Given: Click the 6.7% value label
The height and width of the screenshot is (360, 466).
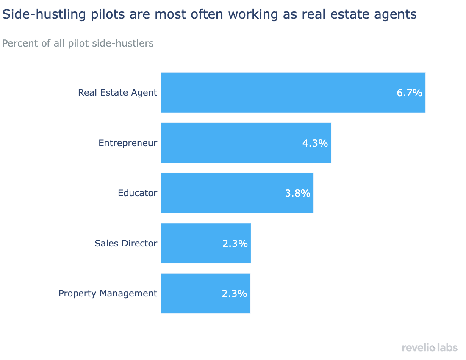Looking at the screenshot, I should [x=409, y=93].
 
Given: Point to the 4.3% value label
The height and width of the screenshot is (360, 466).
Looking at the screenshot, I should [x=315, y=143].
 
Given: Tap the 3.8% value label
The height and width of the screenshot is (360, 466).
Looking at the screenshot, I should [x=297, y=193].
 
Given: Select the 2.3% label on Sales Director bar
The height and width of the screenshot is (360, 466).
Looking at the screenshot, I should [x=235, y=244].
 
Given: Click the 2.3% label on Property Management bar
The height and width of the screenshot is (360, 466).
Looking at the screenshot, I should [x=234, y=294].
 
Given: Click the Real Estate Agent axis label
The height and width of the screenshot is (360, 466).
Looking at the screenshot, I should [x=117, y=92].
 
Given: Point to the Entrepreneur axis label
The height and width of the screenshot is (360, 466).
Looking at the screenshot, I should [x=128, y=143].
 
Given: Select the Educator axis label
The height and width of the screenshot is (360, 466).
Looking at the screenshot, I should [x=137, y=193].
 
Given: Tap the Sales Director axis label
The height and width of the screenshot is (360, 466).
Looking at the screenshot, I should [x=125, y=244].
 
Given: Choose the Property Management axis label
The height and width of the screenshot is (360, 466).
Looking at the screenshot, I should [x=108, y=293].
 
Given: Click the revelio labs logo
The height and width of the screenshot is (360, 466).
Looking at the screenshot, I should [x=430, y=347].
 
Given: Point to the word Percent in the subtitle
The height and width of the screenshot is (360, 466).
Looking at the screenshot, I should [x=19, y=43].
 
